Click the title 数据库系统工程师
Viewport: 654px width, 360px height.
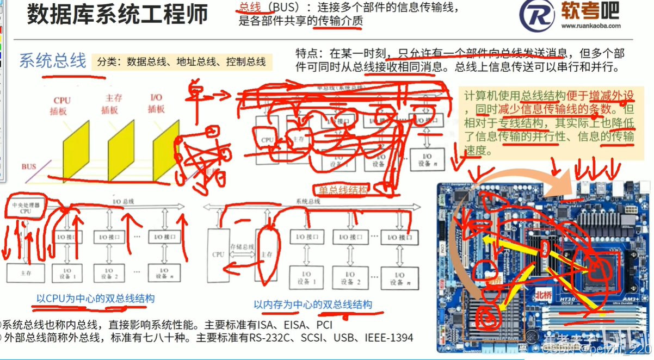118,15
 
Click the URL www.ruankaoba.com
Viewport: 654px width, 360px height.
591,26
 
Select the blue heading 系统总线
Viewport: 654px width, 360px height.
53,61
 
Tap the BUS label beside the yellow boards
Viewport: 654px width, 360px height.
29,166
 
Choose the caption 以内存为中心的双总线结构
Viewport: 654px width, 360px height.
313,305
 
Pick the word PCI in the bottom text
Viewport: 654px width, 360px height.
324,325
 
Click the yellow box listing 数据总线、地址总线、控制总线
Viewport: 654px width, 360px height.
182,61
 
